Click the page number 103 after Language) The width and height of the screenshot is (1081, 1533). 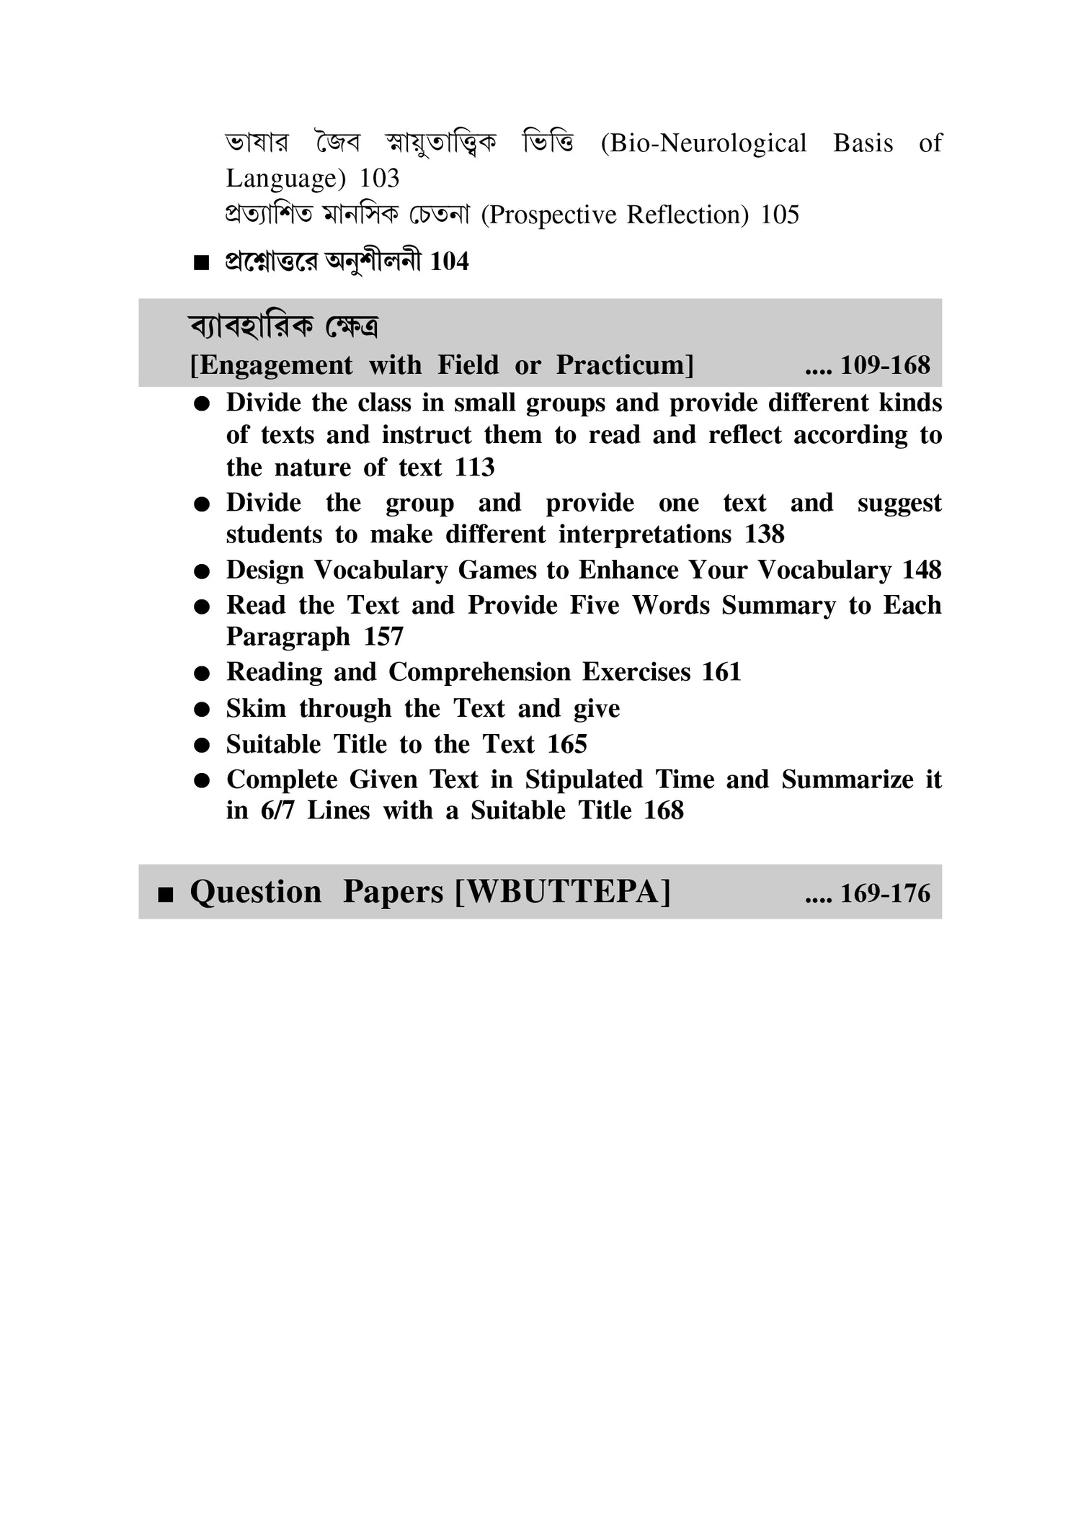[379, 179]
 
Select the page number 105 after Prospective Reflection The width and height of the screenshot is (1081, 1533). [780, 215]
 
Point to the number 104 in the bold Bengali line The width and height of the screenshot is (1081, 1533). [449, 262]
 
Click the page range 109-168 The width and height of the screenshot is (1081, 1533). [885, 365]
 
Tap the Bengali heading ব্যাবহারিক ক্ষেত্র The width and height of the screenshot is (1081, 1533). [284, 327]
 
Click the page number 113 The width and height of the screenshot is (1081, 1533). [474, 468]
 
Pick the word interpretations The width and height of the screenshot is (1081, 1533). [645, 535]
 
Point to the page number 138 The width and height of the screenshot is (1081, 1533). [765, 535]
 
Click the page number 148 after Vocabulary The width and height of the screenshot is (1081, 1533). [922, 571]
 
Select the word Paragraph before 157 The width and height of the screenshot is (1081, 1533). [288, 637]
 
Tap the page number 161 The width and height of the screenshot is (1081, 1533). [721, 672]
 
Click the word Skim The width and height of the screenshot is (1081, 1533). [257, 709]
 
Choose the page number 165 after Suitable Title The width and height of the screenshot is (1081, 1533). [567, 744]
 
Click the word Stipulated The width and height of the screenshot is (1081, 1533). [584, 779]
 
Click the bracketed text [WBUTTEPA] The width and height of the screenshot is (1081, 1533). [563, 892]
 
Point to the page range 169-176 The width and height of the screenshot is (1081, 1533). [885, 893]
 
